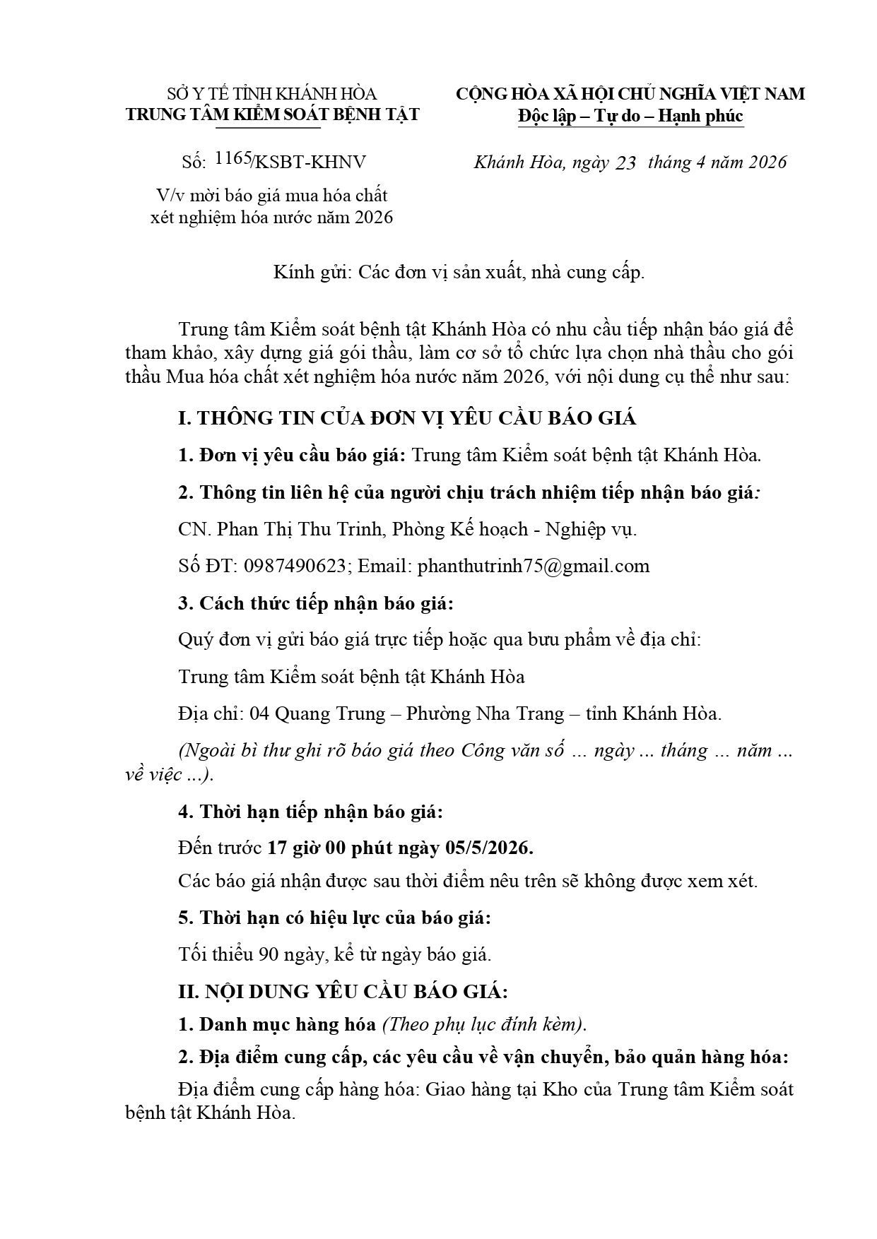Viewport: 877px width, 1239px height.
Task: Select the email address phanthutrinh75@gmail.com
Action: tap(533, 566)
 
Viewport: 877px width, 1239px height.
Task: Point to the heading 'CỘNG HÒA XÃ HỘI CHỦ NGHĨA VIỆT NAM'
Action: tap(630, 94)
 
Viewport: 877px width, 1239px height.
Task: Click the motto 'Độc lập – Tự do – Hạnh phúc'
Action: tap(630, 115)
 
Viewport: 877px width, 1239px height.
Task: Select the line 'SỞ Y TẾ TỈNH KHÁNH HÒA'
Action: tap(271, 94)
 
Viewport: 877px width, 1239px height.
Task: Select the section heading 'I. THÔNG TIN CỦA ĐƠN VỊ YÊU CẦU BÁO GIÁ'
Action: tap(407, 418)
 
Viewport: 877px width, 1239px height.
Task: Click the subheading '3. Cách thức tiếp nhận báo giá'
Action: tap(314, 604)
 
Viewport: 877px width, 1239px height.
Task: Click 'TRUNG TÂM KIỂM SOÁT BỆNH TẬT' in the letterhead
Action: tap(272, 114)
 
